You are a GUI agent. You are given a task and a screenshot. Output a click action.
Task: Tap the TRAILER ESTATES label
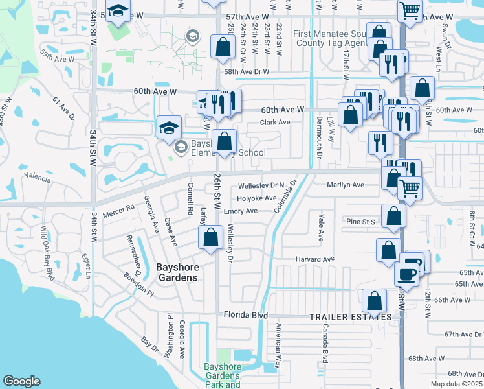(350, 317)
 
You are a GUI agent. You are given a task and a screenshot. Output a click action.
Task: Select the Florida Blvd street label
(245, 315)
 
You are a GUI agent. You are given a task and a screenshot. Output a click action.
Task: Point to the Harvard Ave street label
(315, 259)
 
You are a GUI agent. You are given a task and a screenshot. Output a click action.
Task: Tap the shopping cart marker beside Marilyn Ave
(409, 187)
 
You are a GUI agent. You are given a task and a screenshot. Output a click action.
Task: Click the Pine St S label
(360, 222)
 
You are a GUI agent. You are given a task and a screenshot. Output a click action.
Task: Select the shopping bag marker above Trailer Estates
(374, 300)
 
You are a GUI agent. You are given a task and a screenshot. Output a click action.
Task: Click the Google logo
(21, 381)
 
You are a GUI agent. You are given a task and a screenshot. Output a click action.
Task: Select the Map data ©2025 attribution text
(456, 384)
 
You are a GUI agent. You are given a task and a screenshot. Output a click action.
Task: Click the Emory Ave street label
(240, 211)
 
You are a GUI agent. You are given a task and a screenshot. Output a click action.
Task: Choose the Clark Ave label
(275, 122)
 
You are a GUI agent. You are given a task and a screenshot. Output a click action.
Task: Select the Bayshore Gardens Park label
(222, 375)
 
